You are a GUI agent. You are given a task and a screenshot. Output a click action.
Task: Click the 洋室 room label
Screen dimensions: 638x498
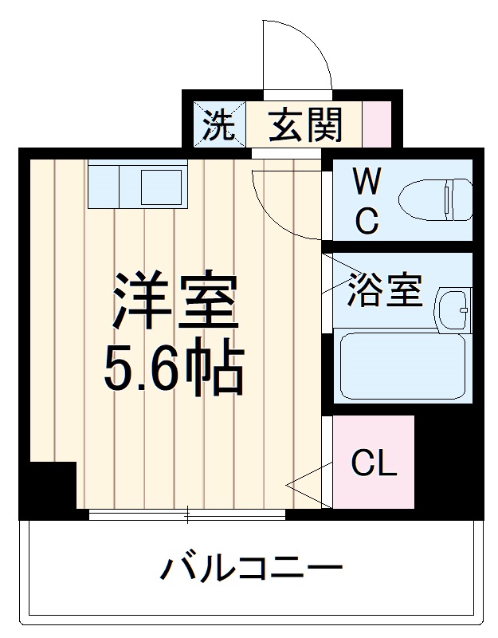tap(174, 301)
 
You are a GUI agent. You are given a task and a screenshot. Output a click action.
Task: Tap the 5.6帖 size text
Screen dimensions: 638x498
tap(173, 368)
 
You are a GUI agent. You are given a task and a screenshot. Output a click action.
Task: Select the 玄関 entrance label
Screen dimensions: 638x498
tap(304, 125)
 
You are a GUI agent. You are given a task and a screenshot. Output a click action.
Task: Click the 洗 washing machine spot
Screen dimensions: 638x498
tap(218, 125)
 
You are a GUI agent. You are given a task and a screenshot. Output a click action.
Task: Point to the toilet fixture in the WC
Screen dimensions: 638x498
tap(434, 200)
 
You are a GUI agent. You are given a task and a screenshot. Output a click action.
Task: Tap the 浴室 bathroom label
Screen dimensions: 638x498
tap(383, 291)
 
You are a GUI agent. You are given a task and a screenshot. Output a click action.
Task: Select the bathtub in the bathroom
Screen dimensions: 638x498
tap(402, 365)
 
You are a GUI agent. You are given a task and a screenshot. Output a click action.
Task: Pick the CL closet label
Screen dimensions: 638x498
tap(374, 463)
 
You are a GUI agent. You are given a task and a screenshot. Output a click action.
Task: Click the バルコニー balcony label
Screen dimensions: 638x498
tap(252, 569)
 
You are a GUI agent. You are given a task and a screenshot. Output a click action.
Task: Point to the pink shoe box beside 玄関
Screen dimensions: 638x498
tap(377, 124)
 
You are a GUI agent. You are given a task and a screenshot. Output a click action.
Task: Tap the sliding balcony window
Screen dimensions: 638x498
tap(186, 515)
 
